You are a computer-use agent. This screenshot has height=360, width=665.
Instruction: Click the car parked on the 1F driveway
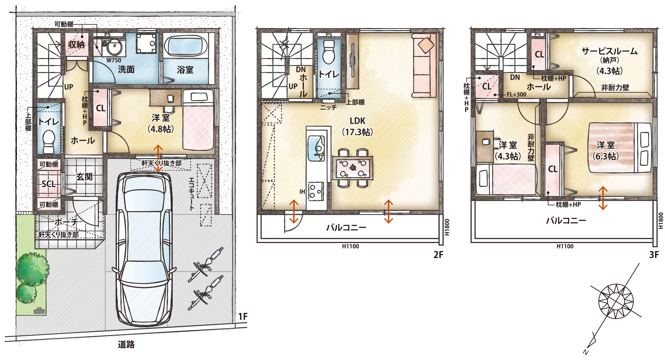click(x=144, y=249)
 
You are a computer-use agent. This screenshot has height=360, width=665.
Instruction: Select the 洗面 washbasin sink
click(x=114, y=47)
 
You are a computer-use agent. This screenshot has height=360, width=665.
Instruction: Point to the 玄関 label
click(x=84, y=177)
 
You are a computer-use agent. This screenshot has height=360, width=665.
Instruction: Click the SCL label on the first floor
click(x=49, y=184)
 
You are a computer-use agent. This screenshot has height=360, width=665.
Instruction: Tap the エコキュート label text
click(x=192, y=194)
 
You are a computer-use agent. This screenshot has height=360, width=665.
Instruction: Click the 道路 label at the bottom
click(x=126, y=344)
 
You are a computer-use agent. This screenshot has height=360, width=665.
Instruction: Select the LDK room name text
click(x=358, y=121)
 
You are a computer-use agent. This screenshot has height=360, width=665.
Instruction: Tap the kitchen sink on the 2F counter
click(x=316, y=148)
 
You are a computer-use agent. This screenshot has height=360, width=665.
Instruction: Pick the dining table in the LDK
click(x=353, y=167)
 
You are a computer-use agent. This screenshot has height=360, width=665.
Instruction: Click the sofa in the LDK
click(x=424, y=65)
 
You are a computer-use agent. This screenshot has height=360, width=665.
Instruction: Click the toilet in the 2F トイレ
click(x=329, y=52)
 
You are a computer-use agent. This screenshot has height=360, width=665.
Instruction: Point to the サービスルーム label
click(x=609, y=51)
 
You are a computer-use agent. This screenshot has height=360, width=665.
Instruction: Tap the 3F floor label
click(x=654, y=255)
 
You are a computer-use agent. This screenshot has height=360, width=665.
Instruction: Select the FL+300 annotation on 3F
click(x=516, y=95)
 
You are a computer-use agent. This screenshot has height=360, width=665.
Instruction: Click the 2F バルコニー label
click(x=346, y=227)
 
